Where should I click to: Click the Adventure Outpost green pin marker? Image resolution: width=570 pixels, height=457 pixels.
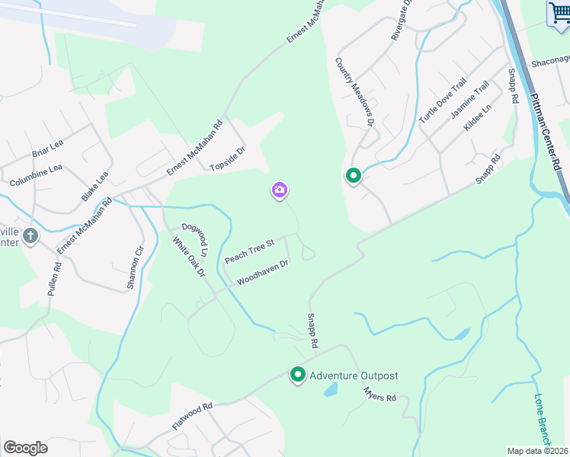pyautogui.click(x=298, y=375)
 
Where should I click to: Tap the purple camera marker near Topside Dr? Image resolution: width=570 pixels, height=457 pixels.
pyautogui.click(x=280, y=190)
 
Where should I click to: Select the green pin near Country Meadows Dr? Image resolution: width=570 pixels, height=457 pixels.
pyautogui.click(x=354, y=176)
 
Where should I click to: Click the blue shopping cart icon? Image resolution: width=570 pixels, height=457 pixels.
pyautogui.click(x=559, y=12)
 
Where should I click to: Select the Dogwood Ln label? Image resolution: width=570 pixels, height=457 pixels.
pyautogui.click(x=195, y=239)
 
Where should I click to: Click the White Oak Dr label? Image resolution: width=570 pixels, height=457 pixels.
pyautogui.click(x=189, y=256)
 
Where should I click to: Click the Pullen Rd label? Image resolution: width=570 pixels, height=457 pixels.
pyautogui.click(x=56, y=279)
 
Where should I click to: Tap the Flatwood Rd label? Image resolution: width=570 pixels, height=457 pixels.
pyautogui.click(x=192, y=417)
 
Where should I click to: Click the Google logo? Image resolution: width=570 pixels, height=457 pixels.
pyautogui.click(x=25, y=447)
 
